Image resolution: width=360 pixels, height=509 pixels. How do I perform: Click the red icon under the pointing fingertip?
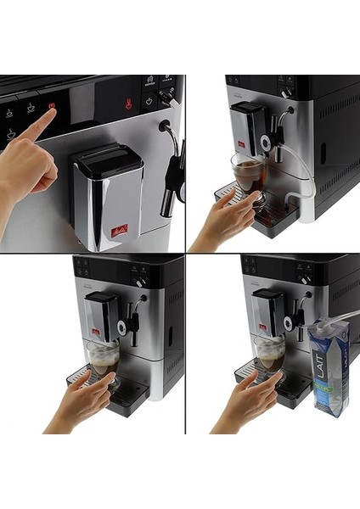point(52,107)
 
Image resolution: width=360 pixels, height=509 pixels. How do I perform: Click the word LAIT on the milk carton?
point(318,366)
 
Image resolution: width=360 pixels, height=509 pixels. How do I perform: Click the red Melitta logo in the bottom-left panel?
point(96,331)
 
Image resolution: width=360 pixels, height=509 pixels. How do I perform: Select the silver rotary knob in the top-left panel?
point(168,99)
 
